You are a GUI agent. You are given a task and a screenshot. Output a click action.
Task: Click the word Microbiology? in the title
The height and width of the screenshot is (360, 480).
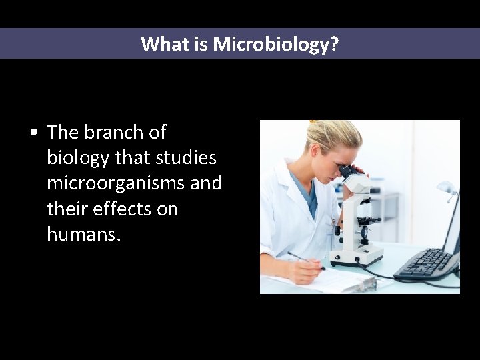(276, 45)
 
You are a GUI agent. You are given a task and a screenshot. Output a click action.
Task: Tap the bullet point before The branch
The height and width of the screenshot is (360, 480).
(33, 133)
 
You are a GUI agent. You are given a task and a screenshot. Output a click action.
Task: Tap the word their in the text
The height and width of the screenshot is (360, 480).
(66, 209)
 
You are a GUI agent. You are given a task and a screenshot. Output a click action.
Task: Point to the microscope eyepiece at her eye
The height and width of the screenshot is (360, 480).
(348, 171)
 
